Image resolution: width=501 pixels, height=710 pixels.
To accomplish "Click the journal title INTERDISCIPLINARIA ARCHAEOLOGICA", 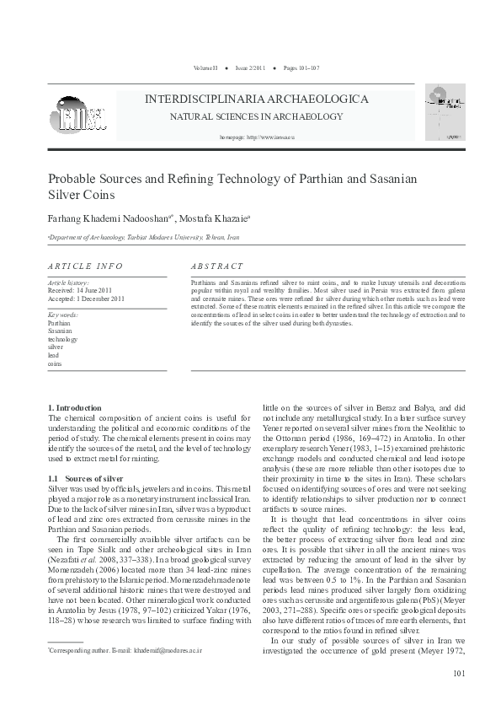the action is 257,99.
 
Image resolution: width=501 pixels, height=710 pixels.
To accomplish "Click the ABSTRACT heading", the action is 217,266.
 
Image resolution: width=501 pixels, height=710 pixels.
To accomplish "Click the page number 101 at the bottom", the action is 458,672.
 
